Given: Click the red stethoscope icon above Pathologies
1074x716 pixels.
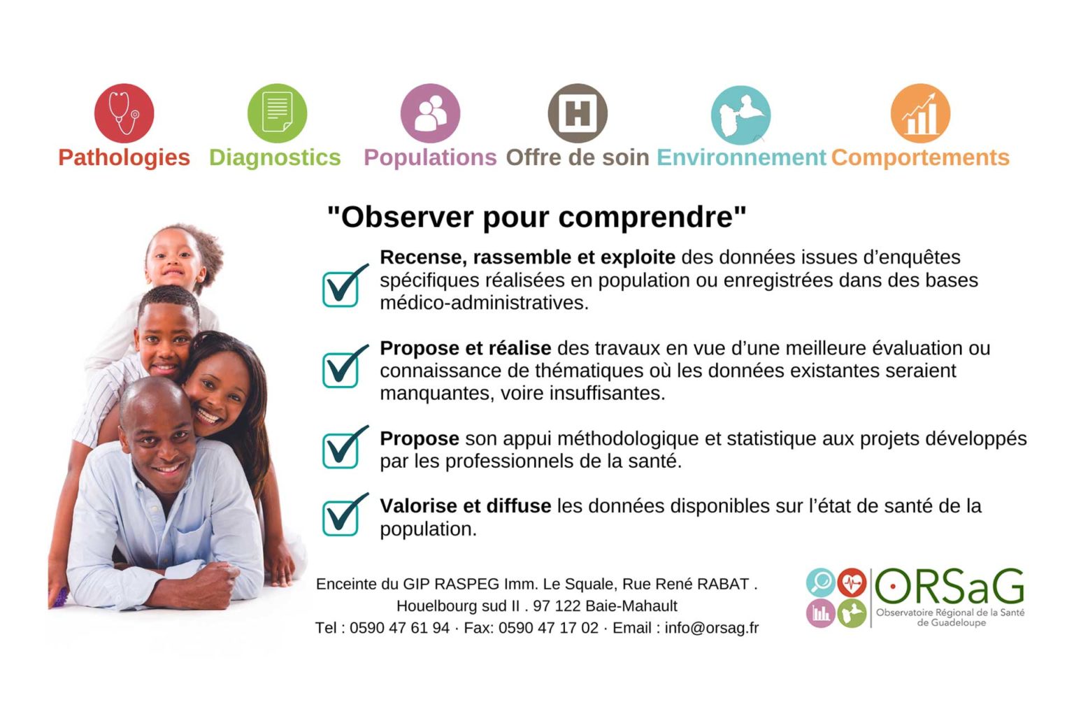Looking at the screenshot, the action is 124,113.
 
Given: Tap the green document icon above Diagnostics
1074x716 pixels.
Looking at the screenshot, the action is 277,113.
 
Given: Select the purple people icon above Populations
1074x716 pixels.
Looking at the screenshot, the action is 430,113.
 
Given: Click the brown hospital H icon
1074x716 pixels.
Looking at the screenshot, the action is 578,113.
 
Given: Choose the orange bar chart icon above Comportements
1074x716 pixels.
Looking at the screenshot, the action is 920,113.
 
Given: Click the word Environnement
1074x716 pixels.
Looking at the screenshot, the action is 741,157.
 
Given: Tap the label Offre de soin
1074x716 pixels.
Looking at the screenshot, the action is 578,157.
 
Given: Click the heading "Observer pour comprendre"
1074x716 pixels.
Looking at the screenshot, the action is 536,217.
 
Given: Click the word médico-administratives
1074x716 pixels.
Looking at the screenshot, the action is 485,303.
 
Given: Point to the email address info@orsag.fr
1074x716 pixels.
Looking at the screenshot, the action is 712,628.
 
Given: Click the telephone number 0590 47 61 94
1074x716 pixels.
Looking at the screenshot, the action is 399,628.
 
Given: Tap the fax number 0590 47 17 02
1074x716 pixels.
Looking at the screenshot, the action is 548,628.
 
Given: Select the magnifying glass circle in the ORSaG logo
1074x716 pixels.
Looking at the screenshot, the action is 821,582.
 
